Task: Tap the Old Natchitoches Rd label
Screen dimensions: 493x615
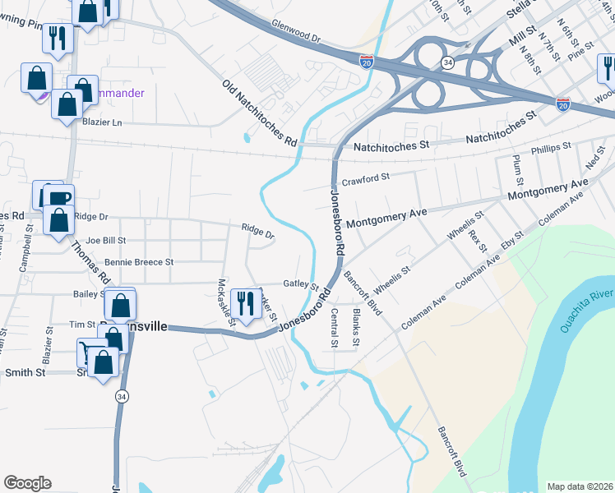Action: (260, 113)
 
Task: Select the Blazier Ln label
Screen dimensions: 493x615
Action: (102, 122)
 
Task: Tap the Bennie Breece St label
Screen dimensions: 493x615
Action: (139, 262)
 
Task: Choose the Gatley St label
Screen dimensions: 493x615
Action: (300, 283)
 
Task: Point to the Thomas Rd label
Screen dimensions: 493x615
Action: (89, 260)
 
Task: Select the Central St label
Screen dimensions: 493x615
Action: (335, 328)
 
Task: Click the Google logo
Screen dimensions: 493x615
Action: (27, 483)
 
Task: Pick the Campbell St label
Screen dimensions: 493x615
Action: (26, 255)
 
